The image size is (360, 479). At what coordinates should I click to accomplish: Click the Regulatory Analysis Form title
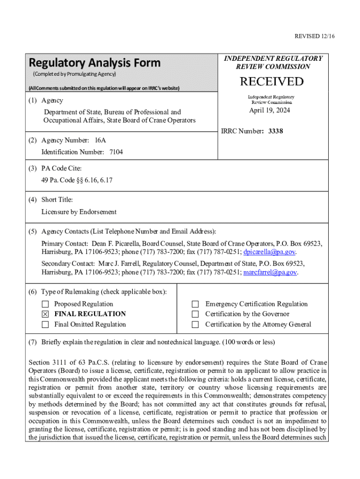pos(94,63)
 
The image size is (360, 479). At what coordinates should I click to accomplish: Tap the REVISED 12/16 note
pos(311,36)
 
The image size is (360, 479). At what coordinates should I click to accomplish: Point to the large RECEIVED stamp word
pos(272,82)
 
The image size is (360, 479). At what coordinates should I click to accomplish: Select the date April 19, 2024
pos(269,110)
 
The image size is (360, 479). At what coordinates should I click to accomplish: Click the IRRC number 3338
pos(276,131)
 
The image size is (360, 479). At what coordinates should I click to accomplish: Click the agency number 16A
pos(101,140)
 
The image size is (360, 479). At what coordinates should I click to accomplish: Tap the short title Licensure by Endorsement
pos(79,212)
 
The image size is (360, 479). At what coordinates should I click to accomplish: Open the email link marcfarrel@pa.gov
pos(270,272)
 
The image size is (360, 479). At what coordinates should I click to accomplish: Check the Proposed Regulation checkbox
pos(45,304)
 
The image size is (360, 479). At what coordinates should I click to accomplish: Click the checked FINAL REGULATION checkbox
pos(45,314)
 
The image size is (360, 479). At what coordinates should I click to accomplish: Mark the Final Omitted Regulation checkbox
pos(45,325)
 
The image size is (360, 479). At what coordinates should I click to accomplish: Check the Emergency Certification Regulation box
pos(196,304)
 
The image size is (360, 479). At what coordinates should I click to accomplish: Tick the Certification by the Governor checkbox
pos(196,314)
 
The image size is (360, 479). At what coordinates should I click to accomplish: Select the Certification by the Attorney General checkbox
pos(196,325)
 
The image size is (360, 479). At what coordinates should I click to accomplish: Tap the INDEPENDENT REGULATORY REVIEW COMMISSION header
pos(273,62)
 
